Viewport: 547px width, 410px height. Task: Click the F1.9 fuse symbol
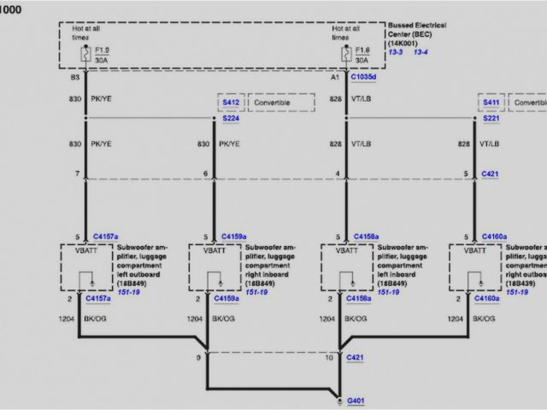[x=85, y=55]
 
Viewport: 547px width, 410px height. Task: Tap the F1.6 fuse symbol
[x=344, y=55]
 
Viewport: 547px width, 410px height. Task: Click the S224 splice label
[x=231, y=120]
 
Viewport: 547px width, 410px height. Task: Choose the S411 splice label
[x=491, y=102]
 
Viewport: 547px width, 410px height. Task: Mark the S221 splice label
[x=491, y=120]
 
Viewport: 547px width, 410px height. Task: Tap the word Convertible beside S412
[x=272, y=102]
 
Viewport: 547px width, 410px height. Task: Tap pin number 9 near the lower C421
[x=198, y=354]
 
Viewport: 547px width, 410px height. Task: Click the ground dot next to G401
[x=340, y=397]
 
